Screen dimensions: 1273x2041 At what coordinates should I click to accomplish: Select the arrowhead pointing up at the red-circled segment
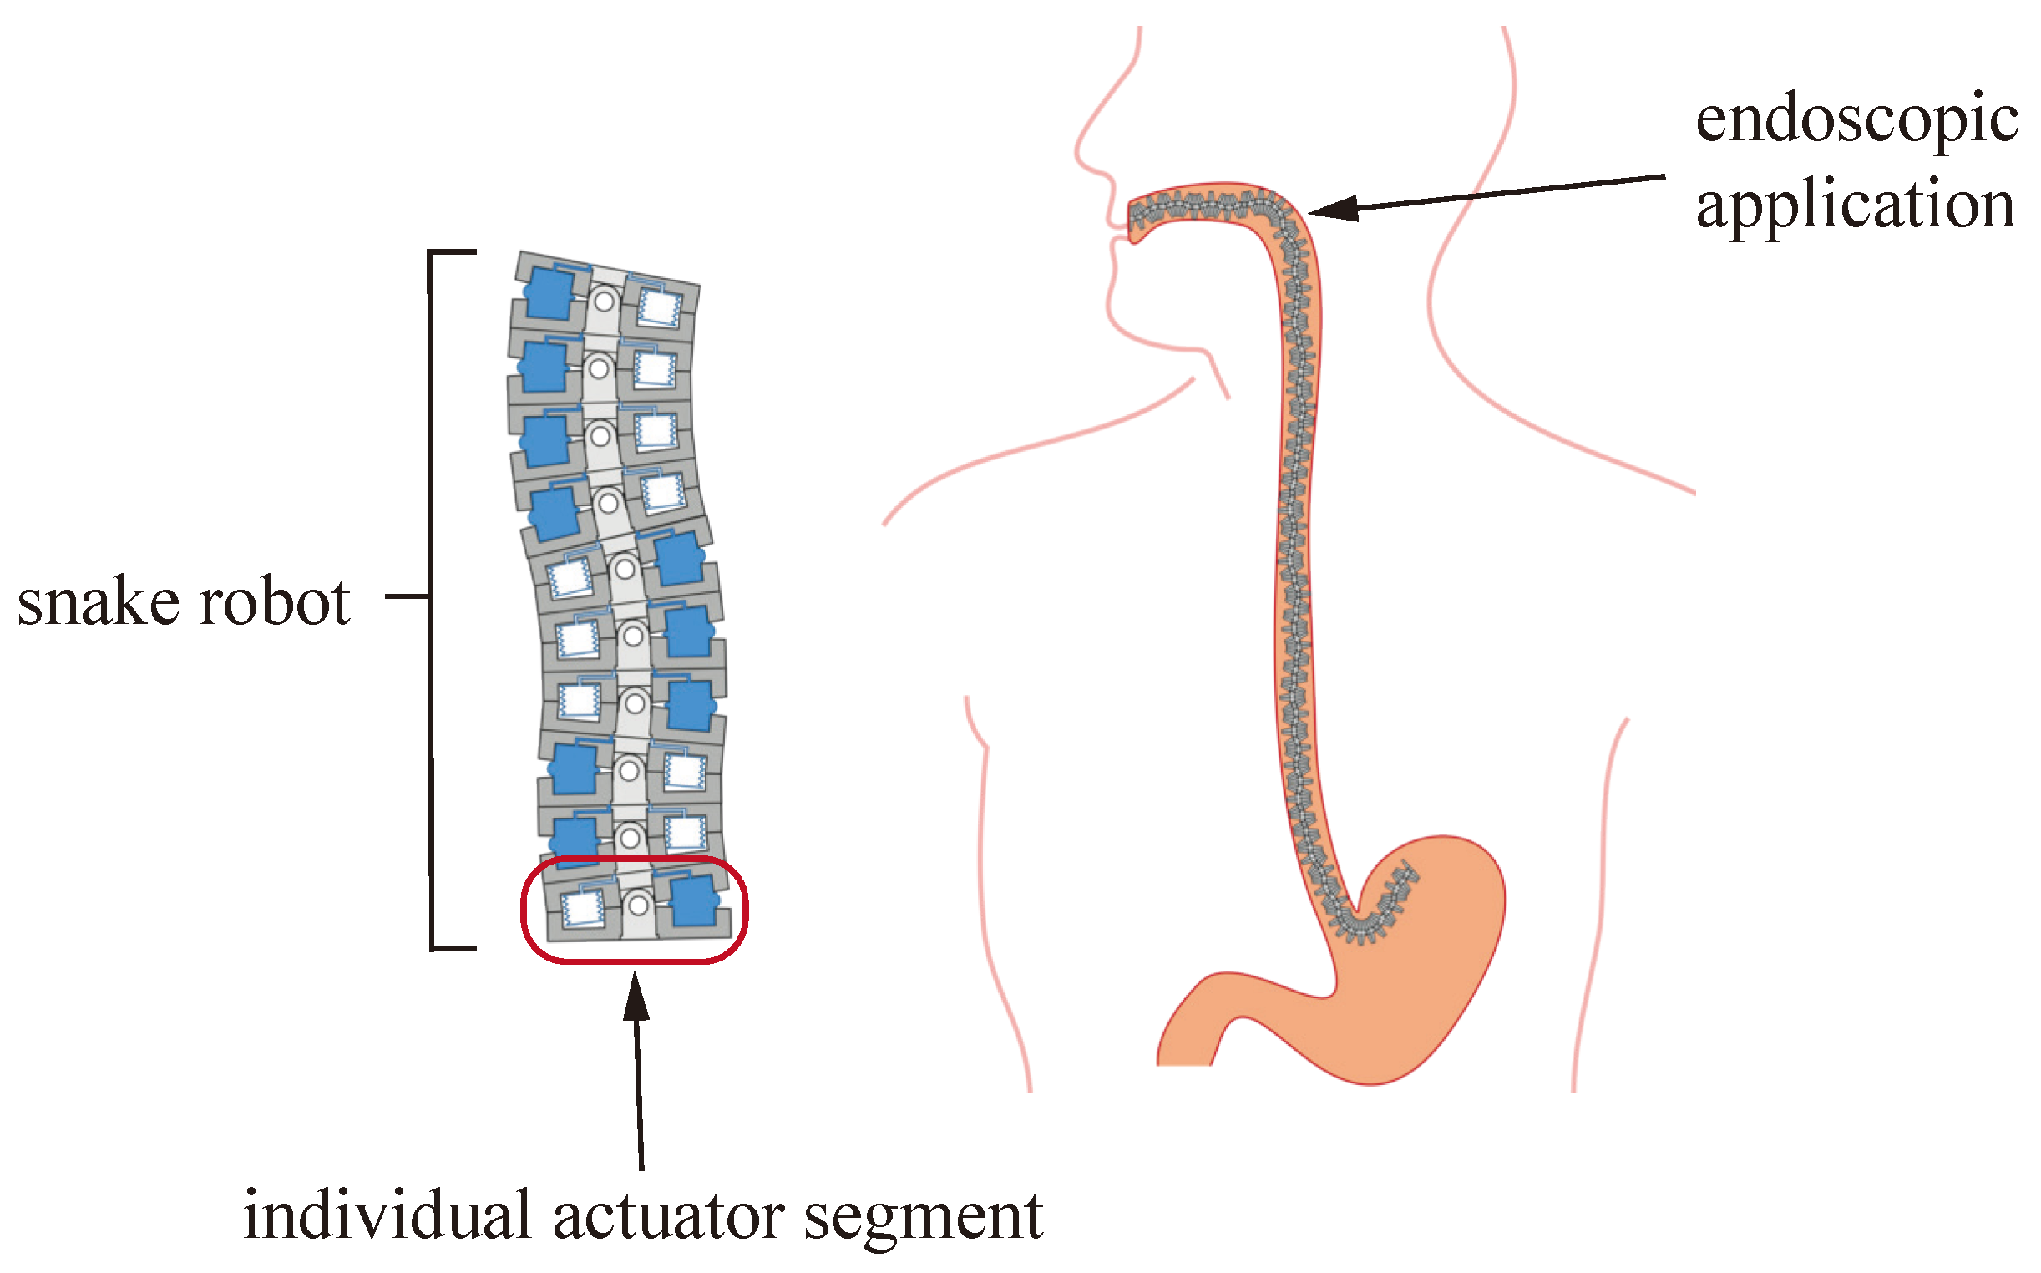click(x=636, y=997)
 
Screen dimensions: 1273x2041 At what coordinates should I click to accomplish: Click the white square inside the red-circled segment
click(x=581, y=908)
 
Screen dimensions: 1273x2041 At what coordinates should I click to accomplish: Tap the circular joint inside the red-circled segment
click(x=639, y=905)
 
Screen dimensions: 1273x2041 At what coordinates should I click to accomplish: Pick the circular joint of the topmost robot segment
click(x=604, y=301)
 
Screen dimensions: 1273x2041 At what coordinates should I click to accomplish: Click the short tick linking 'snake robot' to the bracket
click(x=408, y=597)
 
